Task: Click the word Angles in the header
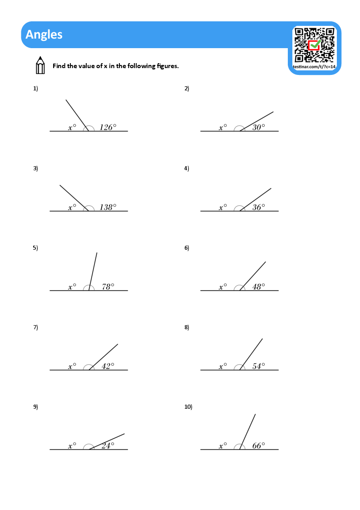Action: (44, 35)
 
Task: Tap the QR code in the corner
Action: (314, 45)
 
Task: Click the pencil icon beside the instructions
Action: (40, 65)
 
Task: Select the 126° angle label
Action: (108, 128)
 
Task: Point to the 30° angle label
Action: (258, 128)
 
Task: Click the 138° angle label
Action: (108, 208)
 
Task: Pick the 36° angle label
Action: (258, 208)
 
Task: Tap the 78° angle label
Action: (108, 287)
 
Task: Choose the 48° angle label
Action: (258, 287)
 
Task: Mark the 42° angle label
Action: (108, 366)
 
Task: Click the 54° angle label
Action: (258, 366)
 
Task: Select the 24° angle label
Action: (108, 446)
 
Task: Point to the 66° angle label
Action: (258, 446)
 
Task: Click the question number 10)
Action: (188, 407)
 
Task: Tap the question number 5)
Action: (35, 248)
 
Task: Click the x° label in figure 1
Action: (72, 128)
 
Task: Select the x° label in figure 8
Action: (223, 366)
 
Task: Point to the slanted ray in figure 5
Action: (93, 271)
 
